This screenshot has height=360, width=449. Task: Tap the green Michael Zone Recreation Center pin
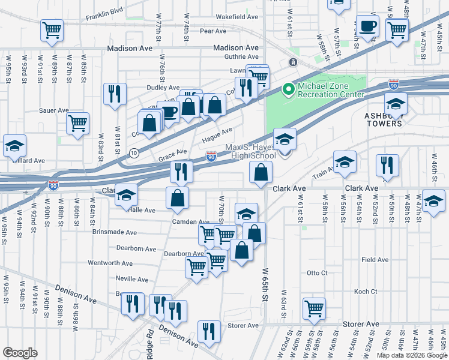[289, 90]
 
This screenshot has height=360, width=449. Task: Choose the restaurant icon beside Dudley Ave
[114, 94]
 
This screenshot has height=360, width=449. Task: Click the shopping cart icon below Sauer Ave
[77, 123]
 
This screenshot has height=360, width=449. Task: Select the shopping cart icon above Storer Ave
[314, 308]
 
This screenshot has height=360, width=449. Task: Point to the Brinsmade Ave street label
[114, 232]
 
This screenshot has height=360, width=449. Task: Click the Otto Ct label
[317, 272]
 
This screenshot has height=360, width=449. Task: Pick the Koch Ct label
[365, 292]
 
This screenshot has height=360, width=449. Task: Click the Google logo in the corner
[20, 352]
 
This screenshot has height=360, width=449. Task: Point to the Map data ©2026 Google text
[412, 355]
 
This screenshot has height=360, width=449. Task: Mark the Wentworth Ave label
[110, 263]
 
